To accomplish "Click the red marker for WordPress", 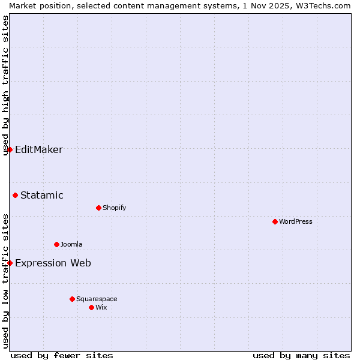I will point(275,221).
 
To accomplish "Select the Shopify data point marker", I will point(98,208).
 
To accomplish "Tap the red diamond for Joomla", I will point(56,244).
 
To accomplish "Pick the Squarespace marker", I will point(72,299).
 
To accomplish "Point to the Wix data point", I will point(91,307).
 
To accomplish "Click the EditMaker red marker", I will point(10,149).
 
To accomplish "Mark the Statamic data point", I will point(15,195).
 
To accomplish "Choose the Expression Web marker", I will point(10,263).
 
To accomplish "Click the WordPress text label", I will point(296,221).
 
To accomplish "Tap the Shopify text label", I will point(115,208).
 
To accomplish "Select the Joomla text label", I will point(71,244).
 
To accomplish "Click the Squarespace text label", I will point(97,299).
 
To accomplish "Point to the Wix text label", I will point(101,307).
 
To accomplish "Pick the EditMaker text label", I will point(39,149).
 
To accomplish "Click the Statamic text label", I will point(42,195).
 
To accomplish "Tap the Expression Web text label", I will point(53,263).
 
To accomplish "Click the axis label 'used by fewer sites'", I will point(62,355).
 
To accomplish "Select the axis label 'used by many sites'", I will point(301,355).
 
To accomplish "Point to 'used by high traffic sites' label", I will point(5,85).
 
